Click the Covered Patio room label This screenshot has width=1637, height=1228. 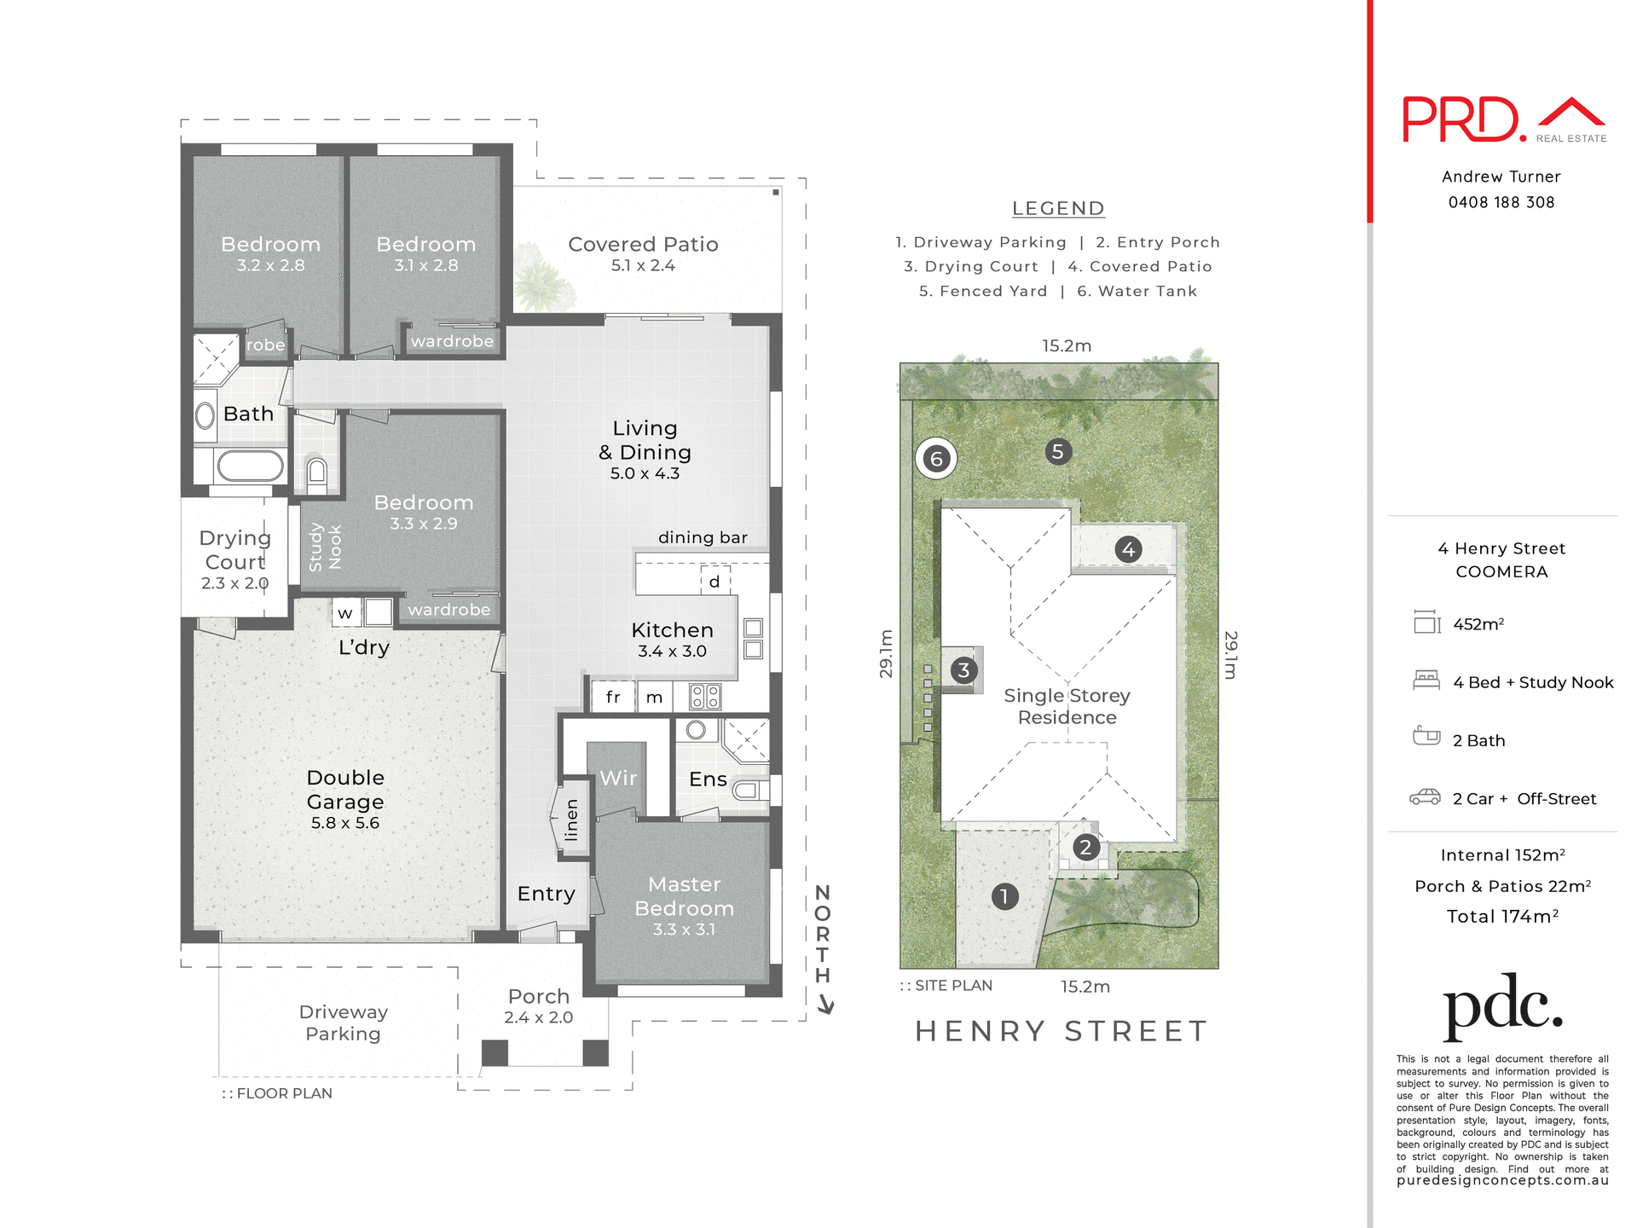click(643, 253)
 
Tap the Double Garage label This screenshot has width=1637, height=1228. click(345, 798)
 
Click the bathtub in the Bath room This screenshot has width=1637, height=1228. click(250, 466)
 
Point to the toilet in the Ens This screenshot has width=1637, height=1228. click(749, 791)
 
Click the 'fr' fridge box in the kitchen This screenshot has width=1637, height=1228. click(613, 697)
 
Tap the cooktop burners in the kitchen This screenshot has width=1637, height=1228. click(705, 697)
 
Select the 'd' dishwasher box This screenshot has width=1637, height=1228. click(714, 582)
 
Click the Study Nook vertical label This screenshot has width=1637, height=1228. click(325, 547)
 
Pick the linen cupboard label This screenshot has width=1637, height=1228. click(571, 820)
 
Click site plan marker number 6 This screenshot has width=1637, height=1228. click(936, 459)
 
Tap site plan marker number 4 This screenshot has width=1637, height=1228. click(1128, 549)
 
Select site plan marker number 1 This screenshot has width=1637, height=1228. click(1004, 896)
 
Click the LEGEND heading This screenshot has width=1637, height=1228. click(1057, 208)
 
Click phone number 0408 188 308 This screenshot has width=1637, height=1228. click(1501, 202)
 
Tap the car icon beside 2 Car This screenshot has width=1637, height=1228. click(1425, 797)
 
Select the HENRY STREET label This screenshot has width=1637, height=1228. click(1061, 1031)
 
